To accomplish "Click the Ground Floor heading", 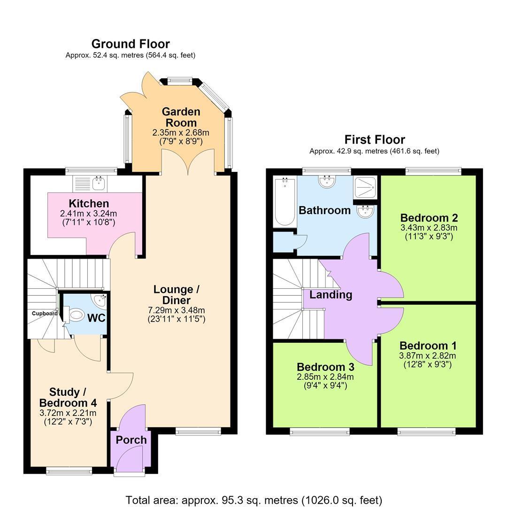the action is tap(131, 44).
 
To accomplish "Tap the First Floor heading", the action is tap(375, 140).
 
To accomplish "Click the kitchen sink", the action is tap(98, 183).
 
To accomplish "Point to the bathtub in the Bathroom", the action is tap(284, 201).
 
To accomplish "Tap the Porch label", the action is tap(131, 440).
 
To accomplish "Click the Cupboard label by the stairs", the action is tap(45, 313).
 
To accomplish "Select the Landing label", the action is tap(331, 295).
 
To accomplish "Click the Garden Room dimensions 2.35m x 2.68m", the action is tap(181, 132).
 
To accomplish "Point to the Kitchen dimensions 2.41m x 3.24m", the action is tap(89, 214).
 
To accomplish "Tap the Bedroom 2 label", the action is tap(429, 218).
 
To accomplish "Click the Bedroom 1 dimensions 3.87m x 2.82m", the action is tap(428, 356).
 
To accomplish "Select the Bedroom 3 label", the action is tap(326, 367).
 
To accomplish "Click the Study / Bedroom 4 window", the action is tap(69, 471).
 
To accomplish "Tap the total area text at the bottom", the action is tap(253, 500).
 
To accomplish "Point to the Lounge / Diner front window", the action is tap(199, 431).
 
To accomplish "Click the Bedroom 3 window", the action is tap(320, 431).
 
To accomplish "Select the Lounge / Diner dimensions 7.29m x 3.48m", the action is tap(177, 310).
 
